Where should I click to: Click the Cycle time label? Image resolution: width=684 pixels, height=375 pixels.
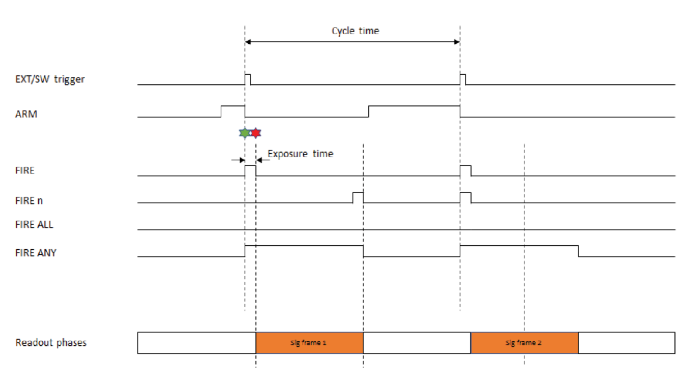point(355,30)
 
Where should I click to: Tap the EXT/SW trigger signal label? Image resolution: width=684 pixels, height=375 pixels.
point(50,79)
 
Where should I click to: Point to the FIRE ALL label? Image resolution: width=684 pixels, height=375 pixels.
point(35,225)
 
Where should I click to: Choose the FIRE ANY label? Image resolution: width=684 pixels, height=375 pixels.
point(36,253)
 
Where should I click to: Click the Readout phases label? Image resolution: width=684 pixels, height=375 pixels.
point(51,342)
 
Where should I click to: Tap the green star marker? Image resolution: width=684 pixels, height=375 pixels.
point(244,133)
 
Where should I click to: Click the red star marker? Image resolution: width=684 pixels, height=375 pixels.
point(256,133)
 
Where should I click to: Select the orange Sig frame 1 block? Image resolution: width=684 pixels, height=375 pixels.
point(309,342)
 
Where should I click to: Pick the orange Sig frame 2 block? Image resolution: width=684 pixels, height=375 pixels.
point(524,342)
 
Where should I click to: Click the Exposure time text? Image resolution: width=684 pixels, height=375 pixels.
point(300,153)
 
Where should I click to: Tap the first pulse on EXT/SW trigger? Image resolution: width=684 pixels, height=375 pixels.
point(248,79)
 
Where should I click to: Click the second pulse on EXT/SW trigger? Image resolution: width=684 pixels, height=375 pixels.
point(463,79)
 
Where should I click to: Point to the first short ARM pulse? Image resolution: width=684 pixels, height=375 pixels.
point(233,108)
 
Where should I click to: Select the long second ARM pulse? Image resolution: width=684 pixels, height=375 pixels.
point(414,108)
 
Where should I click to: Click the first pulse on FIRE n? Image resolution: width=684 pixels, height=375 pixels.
point(358,196)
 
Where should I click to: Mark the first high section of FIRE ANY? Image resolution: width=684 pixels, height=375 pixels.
point(304,248)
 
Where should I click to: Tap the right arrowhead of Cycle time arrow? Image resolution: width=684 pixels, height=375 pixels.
point(457,42)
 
